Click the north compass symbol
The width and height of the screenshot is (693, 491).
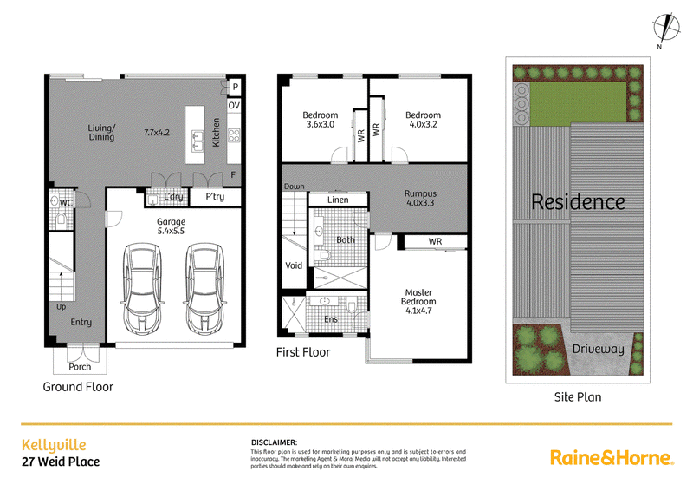pos(666,28)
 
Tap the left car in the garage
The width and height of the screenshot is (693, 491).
pos(142,288)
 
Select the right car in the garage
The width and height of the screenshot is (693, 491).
pos(204,288)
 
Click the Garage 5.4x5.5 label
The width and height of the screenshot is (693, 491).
pos(171,226)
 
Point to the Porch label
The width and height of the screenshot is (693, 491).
pos(80,367)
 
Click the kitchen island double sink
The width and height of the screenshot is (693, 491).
pos(198,141)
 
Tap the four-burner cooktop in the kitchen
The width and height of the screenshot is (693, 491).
pos(234,135)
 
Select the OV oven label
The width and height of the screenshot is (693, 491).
pos(234,105)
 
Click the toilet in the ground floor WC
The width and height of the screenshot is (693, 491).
pos(61,219)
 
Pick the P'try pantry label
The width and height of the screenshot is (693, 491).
pos(215,197)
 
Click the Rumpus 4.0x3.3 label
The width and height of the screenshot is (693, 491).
pos(420,198)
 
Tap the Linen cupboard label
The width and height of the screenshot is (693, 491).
pos(338,200)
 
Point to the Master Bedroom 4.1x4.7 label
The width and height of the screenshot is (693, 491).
pos(418,301)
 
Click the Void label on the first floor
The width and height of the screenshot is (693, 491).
pos(294,265)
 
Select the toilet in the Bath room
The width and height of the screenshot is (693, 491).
pos(325,255)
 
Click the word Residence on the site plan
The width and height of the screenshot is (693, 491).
pos(578,202)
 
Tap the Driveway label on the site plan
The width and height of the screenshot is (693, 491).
pos(598,349)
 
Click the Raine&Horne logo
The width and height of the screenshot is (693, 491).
pos(612,457)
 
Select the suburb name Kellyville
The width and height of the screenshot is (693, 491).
pos(54,445)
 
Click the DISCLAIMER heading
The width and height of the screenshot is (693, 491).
pos(274,442)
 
